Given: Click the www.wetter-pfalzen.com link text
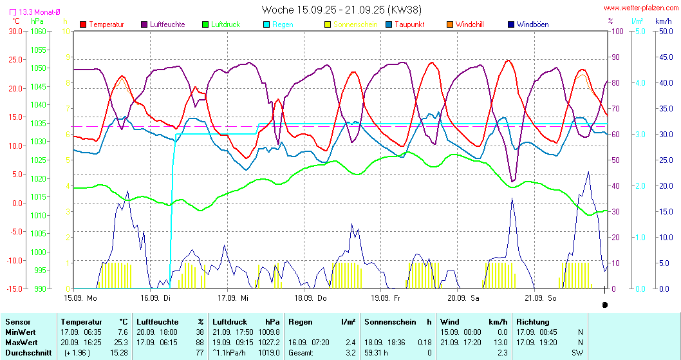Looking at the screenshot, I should (639, 8).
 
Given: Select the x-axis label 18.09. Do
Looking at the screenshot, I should (310, 298).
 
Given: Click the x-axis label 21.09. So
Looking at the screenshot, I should (540, 298).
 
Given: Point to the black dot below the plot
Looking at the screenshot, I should (604, 305).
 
